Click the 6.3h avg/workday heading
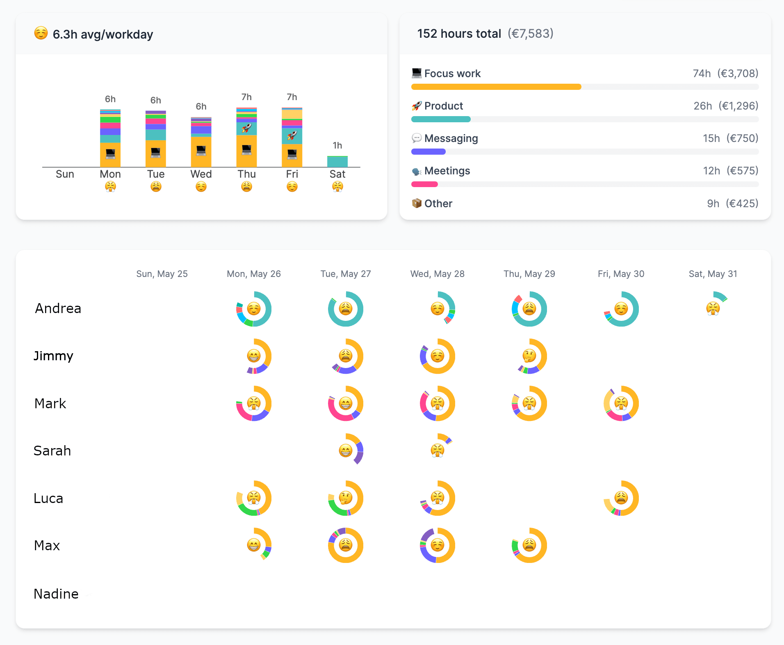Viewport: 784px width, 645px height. click(103, 34)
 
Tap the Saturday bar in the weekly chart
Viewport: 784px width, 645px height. click(337, 162)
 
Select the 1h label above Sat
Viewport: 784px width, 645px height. click(337, 146)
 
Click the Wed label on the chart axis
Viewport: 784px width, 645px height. click(201, 174)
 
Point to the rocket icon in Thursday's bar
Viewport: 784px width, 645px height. click(246, 128)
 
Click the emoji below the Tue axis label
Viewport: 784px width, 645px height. click(156, 187)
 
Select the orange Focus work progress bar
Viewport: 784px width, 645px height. click(496, 87)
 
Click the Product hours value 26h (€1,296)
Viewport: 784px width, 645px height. click(725, 106)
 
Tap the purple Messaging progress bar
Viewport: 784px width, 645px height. click(428, 152)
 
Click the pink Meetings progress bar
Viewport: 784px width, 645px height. click(424, 184)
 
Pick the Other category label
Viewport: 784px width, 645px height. click(438, 204)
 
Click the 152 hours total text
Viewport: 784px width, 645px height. click(459, 34)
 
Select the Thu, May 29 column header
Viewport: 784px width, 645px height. click(529, 274)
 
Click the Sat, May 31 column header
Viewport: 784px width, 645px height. click(713, 274)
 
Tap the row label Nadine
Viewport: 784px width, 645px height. click(56, 594)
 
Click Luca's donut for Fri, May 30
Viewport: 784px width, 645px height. click(621, 498)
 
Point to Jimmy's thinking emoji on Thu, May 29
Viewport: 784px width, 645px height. click(529, 355)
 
